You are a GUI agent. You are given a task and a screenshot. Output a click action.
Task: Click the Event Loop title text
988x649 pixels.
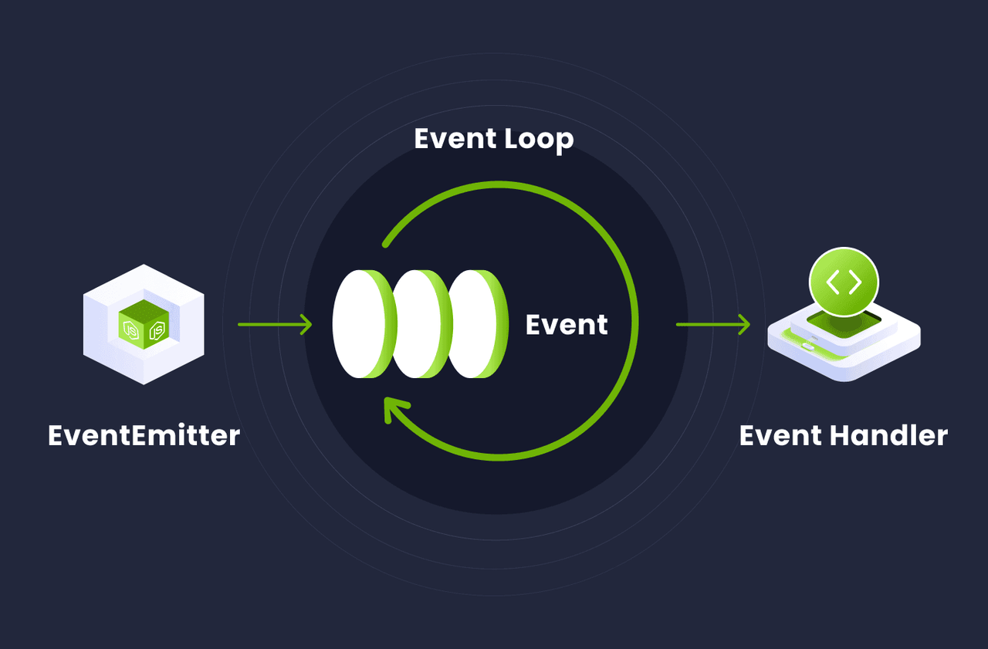494,139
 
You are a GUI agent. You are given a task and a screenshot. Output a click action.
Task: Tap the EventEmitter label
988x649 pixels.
144,435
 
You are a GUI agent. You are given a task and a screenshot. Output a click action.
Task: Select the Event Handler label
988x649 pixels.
843,435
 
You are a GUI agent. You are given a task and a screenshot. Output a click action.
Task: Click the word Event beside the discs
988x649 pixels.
567,325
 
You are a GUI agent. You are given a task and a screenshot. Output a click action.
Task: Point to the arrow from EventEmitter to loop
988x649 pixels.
274,324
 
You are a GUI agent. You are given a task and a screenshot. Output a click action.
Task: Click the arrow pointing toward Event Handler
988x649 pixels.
712,324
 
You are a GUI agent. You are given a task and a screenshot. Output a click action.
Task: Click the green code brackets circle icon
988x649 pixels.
844,282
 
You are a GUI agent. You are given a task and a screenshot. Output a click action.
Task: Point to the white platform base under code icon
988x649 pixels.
844,355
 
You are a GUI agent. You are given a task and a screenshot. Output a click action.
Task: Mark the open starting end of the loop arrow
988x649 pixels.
386,244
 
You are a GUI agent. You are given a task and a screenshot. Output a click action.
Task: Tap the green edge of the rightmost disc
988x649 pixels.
499,324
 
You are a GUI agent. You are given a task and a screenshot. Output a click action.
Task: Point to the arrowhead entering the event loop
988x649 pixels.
306,324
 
